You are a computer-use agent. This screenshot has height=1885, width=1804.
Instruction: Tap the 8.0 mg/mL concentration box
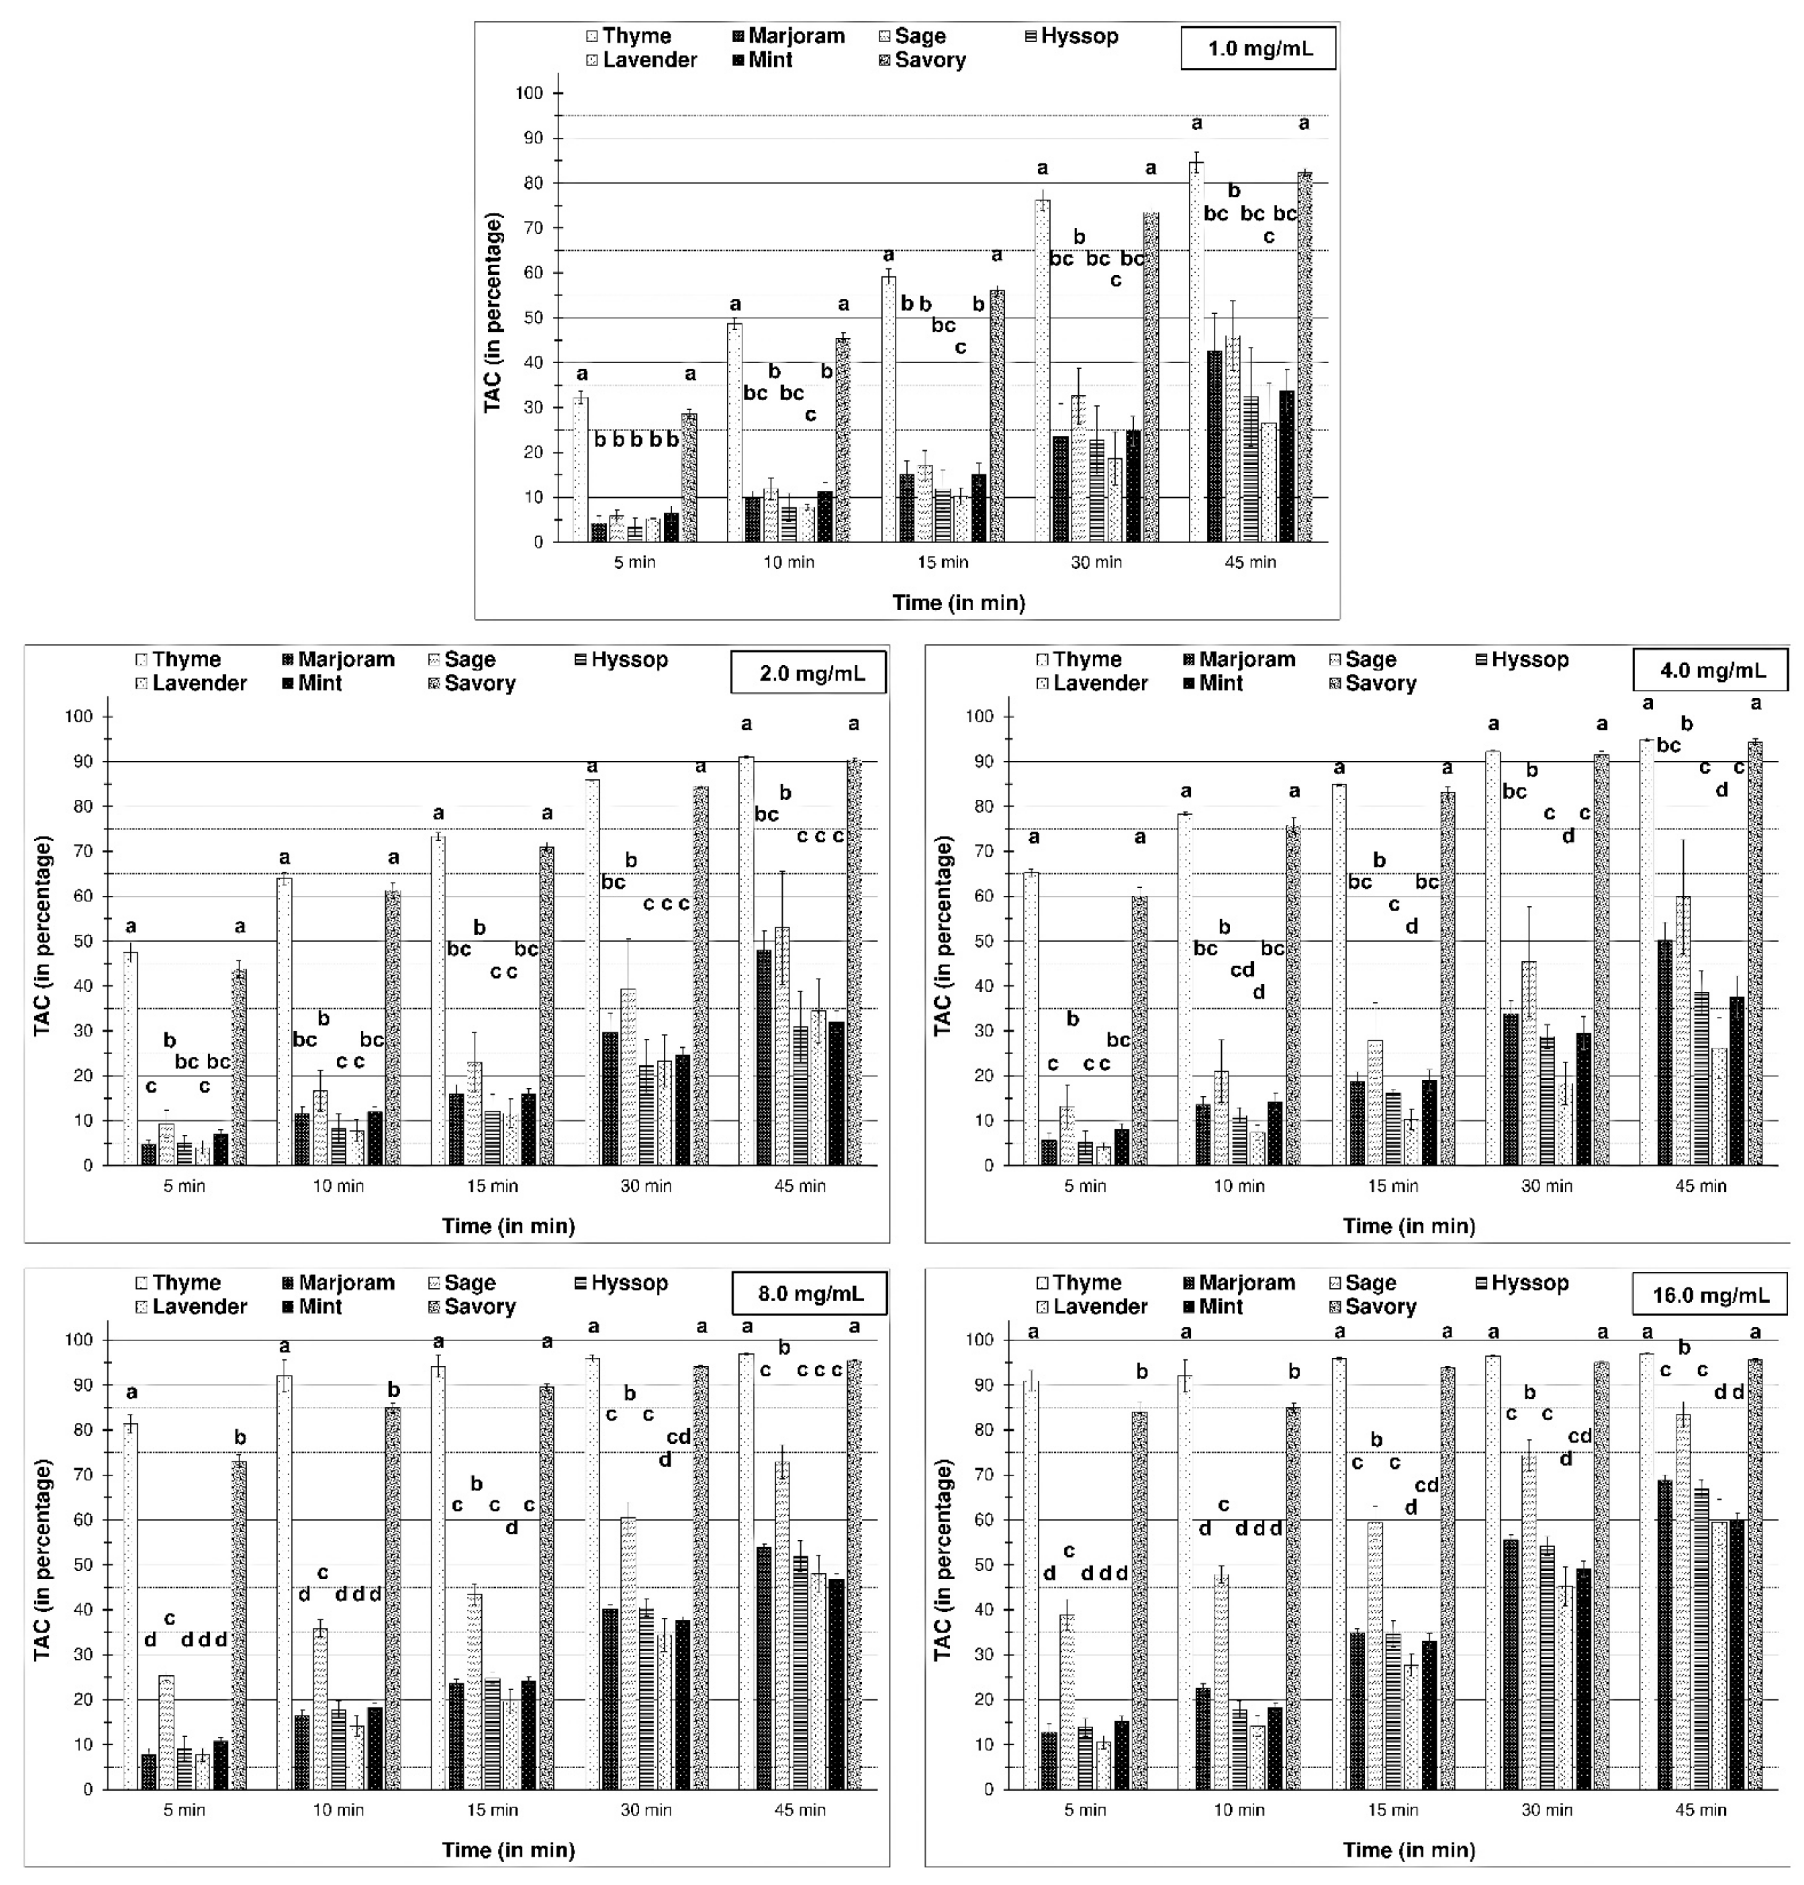pos(809,1295)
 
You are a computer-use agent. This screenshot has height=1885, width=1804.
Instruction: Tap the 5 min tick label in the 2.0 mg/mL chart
pos(184,1186)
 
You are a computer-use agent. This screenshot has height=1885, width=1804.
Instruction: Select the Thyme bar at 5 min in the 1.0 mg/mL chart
pos(581,469)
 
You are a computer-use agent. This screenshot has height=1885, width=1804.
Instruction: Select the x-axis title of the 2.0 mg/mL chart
pos(508,1226)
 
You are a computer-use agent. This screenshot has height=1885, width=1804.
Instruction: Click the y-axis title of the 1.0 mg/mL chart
pos(493,314)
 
